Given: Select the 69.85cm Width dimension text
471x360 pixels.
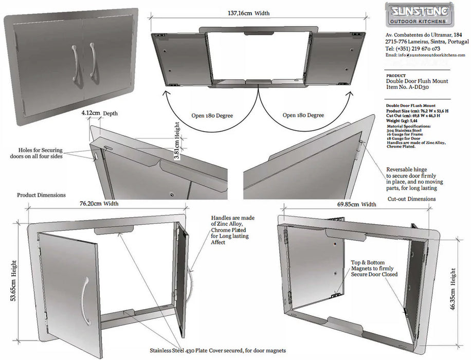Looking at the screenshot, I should point(356,204).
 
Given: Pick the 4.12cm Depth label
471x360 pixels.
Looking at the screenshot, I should point(99,112).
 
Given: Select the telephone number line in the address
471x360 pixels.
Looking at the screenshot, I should point(415,48).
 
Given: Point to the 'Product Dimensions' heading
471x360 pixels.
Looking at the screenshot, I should point(41,195).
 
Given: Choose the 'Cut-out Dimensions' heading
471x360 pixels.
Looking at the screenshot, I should point(411,199).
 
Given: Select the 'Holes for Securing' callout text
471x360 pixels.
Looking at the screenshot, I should point(35,150).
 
